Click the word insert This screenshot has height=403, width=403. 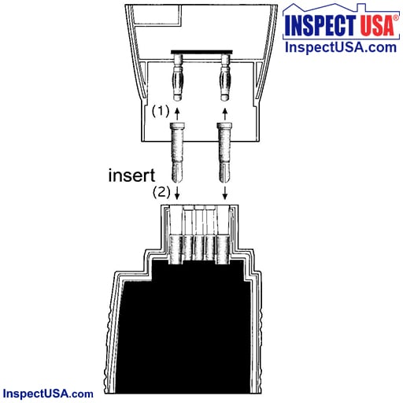pyautogui.click(x=131, y=176)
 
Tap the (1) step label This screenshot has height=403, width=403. pyautogui.click(x=161, y=111)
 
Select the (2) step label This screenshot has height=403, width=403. pyautogui.click(x=161, y=192)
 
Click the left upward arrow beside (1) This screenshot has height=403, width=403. pyautogui.click(x=177, y=113)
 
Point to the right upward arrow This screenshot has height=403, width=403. pyautogui.click(x=225, y=113)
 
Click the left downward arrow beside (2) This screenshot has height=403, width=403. pyautogui.click(x=177, y=193)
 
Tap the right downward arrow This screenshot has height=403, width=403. pyautogui.click(x=225, y=193)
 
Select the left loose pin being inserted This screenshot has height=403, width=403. pyautogui.click(x=177, y=153)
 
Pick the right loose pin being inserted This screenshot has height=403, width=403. pyautogui.click(x=224, y=153)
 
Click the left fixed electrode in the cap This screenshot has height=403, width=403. pyautogui.click(x=177, y=78)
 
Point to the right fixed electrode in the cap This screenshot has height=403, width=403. pyautogui.click(x=225, y=78)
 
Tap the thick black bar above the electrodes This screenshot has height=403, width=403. pyautogui.click(x=201, y=52)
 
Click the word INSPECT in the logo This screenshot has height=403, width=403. pyautogui.click(x=320, y=25)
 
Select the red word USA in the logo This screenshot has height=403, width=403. pyautogui.click(x=377, y=25)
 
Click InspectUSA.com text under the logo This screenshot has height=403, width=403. pyautogui.click(x=341, y=47)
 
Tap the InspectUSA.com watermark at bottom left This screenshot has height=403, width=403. pyautogui.click(x=48, y=394)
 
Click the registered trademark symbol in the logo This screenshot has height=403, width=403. pyautogui.click(x=396, y=18)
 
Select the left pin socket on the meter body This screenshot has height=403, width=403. pyautogui.click(x=176, y=250)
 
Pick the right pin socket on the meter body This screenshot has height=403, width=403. pyautogui.click(x=223, y=250)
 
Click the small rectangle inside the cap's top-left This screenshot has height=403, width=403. pyautogui.click(x=157, y=15)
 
